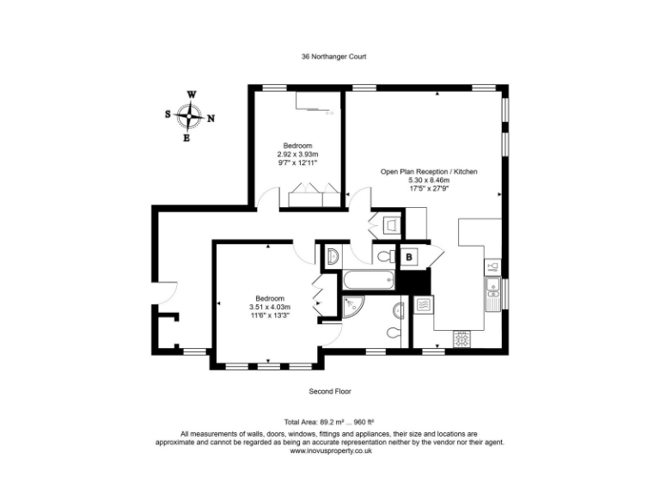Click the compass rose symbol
pyautogui.click(x=189, y=115)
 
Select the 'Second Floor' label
pyautogui.click(x=330, y=391)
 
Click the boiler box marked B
pyautogui.click(x=409, y=256)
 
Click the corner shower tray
pyautogui.click(x=351, y=307)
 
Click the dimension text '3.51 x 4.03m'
pyautogui.click(x=270, y=307)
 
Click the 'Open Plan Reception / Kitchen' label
pyautogui.click(x=429, y=172)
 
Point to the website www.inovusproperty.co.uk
pyautogui.click(x=330, y=450)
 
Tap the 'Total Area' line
pyautogui.click(x=330, y=422)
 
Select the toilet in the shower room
pyautogui.click(x=394, y=332)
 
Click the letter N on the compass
pyautogui.click(x=211, y=119)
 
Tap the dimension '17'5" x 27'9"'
pyautogui.click(x=429, y=189)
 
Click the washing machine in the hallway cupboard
pyautogui.click(x=391, y=226)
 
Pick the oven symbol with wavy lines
pyautogui.click(x=423, y=303)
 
